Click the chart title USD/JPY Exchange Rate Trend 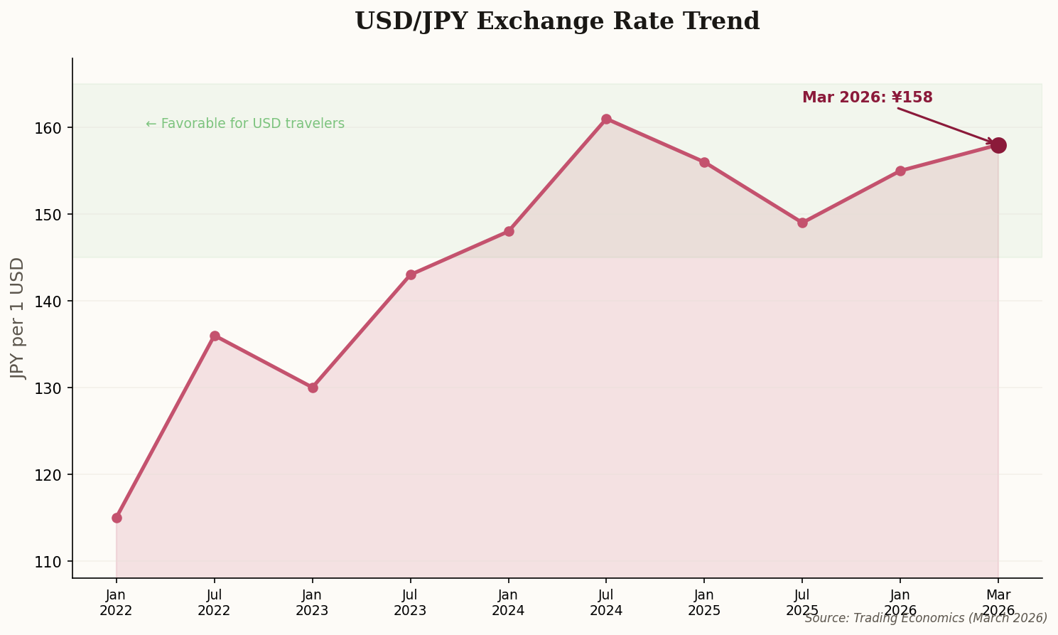557,21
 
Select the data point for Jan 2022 117,518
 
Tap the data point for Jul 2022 215,336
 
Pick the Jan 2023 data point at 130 313,388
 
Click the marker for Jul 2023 411,274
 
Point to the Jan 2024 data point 509,231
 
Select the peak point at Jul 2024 606,119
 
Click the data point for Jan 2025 704,162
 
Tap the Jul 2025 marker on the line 802,223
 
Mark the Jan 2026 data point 900,171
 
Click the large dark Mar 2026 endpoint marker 998,145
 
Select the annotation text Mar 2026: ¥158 867,97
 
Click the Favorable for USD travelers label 245,124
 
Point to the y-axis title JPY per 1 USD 18,318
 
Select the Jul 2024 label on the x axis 606,602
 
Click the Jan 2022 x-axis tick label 117,602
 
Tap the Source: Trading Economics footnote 926,619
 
